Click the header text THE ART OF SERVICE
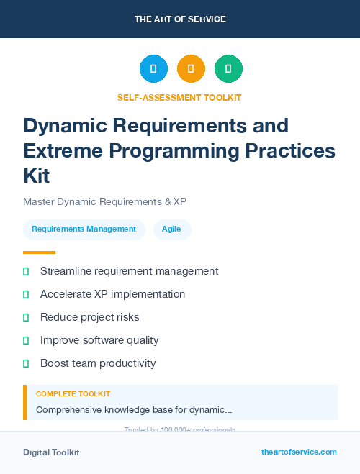pyautogui.click(x=180, y=19)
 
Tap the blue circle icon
pyautogui.click(x=153, y=69)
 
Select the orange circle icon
pyautogui.click(x=191, y=69)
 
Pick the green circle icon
pyautogui.click(x=228, y=69)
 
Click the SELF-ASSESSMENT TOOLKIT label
pyautogui.click(x=180, y=98)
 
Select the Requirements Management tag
pyautogui.click(x=84, y=229)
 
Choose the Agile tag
pyautogui.click(x=171, y=229)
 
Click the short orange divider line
pyautogui.click(x=39, y=252)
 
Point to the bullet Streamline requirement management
pyautogui.click(x=129, y=271)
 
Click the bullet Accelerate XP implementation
pyautogui.click(x=112, y=294)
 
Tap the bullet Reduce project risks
pyautogui.click(x=89, y=317)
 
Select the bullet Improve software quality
pyautogui.click(x=99, y=340)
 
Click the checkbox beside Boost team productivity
pyautogui.click(x=26, y=363)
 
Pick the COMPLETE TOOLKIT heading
pyautogui.click(x=73, y=394)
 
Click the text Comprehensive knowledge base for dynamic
pyautogui.click(x=133, y=410)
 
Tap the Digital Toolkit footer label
pyautogui.click(x=51, y=452)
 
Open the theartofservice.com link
pyautogui.click(x=299, y=452)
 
